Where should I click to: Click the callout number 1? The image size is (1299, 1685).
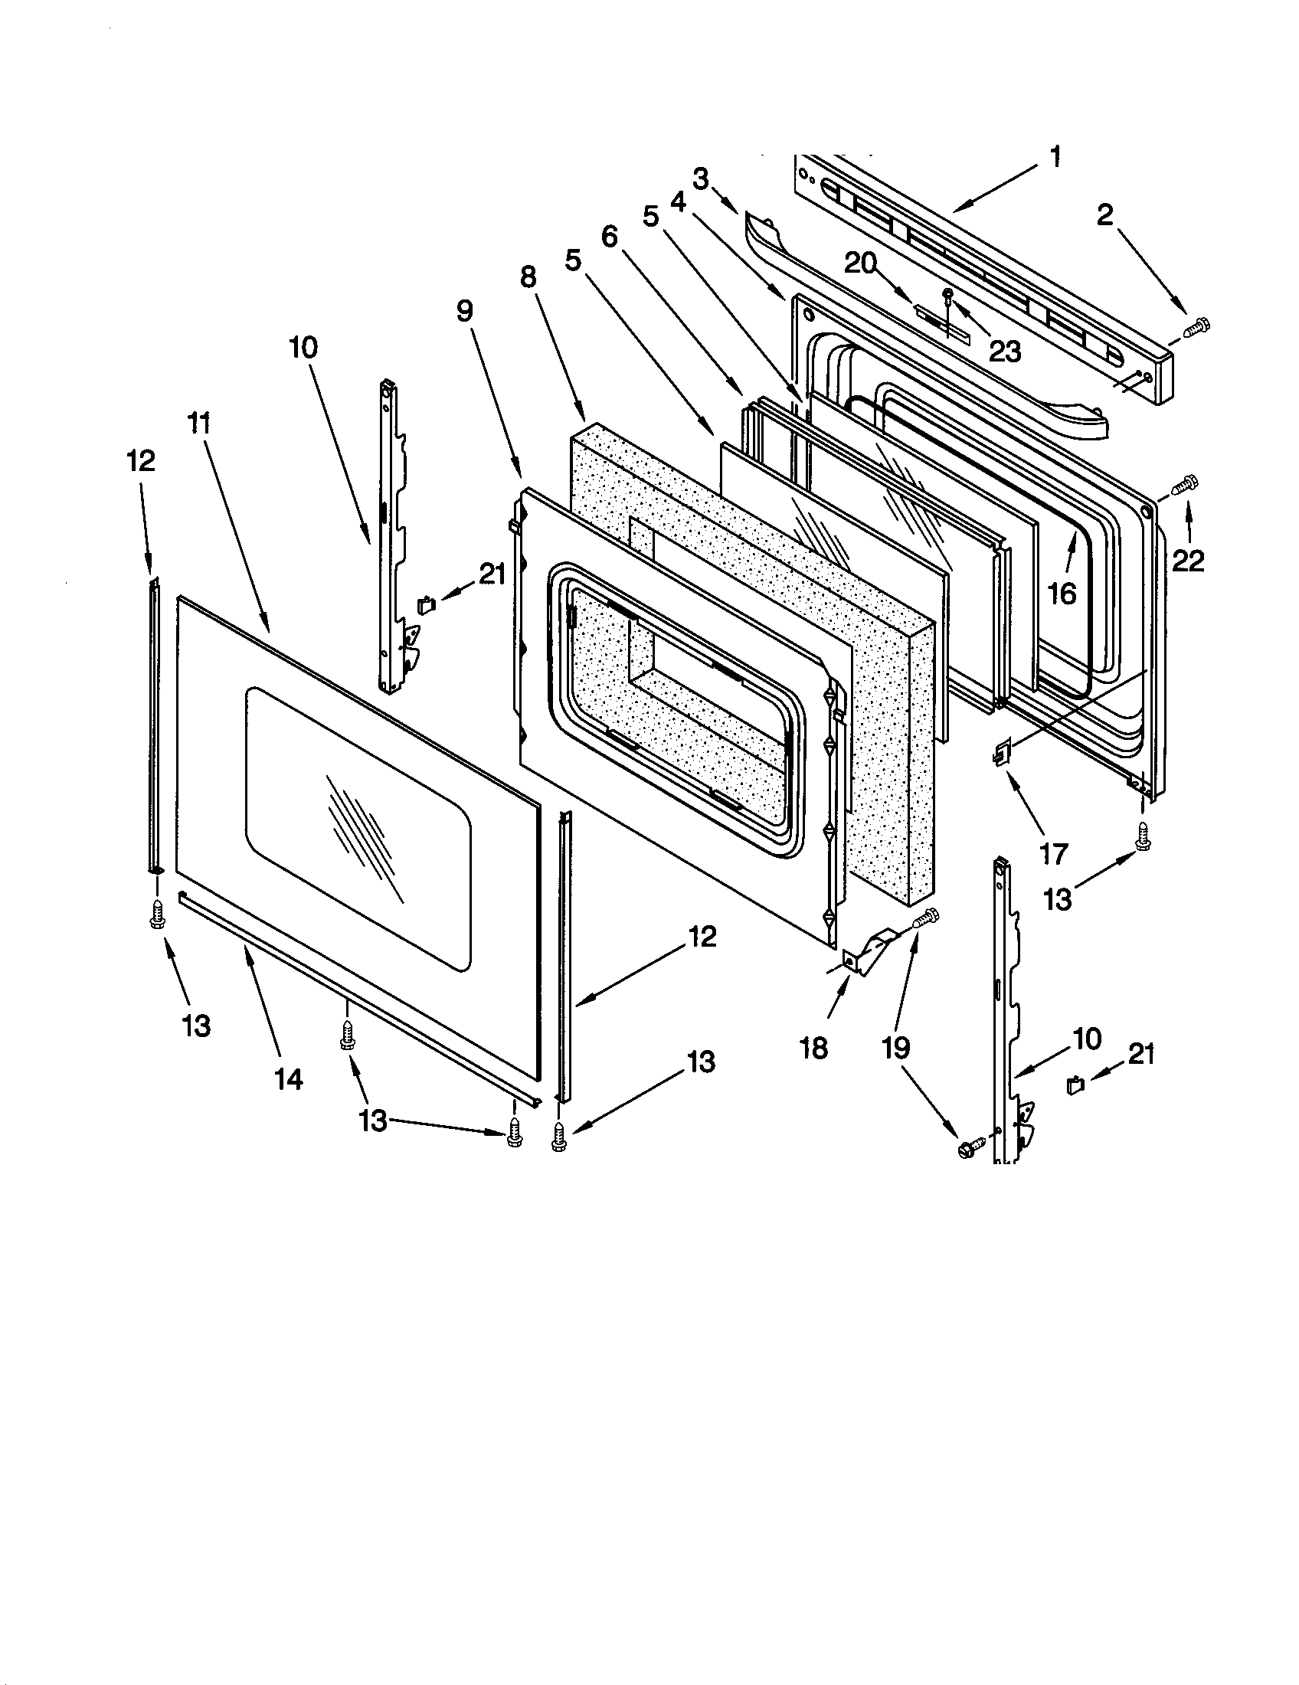point(1055,156)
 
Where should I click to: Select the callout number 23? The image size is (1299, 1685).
point(1004,352)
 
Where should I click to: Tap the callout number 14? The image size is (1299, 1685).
point(288,1079)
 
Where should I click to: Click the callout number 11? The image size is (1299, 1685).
point(199,423)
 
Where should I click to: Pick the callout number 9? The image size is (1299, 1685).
point(464,310)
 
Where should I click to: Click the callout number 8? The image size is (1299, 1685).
point(528,276)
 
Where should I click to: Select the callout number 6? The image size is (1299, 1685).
point(610,237)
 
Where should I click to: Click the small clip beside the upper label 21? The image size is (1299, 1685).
point(426,604)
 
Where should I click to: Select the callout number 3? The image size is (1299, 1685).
point(700,179)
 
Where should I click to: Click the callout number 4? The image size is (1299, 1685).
point(677,202)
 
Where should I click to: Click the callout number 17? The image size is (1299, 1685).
point(1054,854)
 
